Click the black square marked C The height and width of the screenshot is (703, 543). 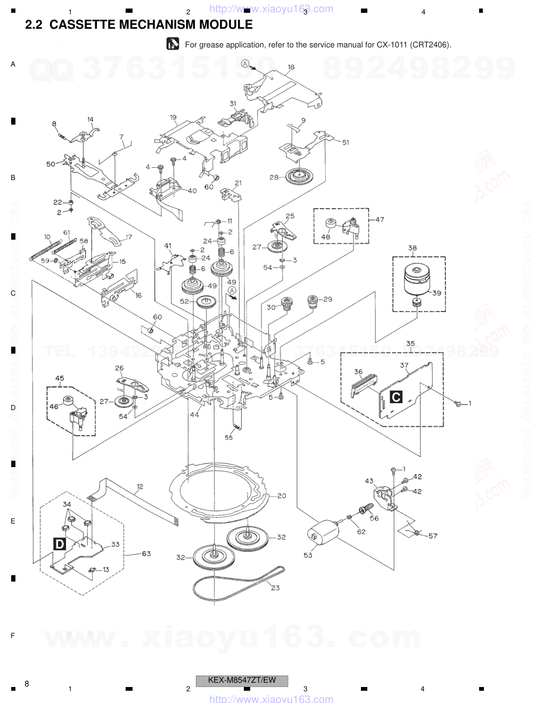(396, 397)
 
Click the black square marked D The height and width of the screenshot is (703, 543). (60, 544)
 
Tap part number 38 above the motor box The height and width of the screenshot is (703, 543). (413, 248)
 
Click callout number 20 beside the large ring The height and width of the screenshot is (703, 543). (282, 496)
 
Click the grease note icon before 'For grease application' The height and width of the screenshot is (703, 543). (172, 44)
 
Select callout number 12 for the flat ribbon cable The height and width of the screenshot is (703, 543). (140, 486)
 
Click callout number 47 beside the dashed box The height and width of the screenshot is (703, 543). (380, 219)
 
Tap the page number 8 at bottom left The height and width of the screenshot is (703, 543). (27, 683)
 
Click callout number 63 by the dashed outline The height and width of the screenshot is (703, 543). (146, 553)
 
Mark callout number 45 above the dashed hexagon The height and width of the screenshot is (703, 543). (59, 379)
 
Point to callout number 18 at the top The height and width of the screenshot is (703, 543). (291, 67)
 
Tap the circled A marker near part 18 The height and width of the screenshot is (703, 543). (245, 63)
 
